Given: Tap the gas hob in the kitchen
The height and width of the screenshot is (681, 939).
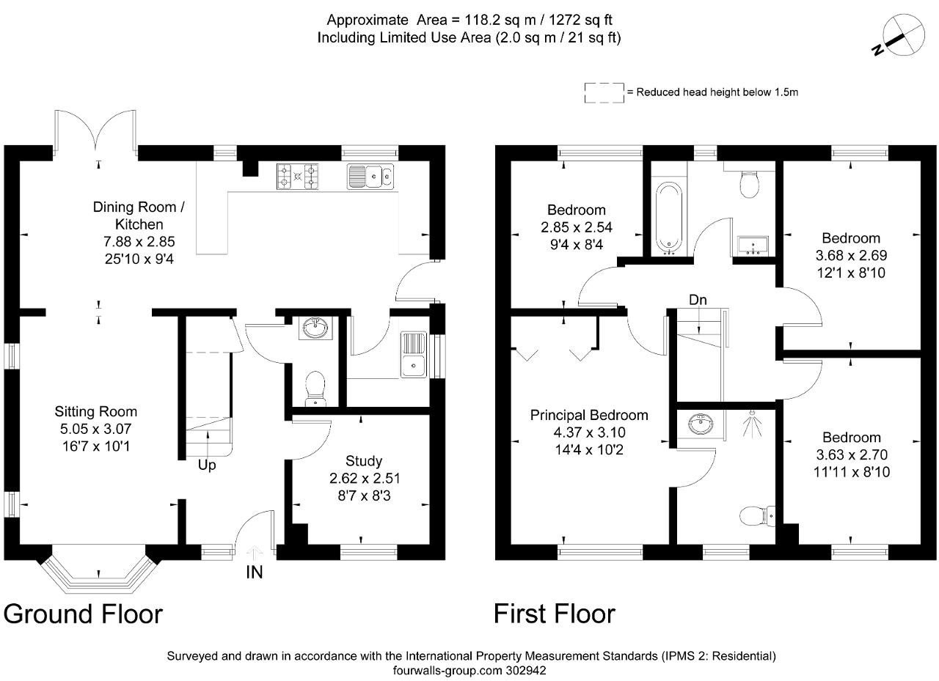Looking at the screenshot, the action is point(297,177).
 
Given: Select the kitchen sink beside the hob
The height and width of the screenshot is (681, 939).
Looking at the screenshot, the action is point(370,177).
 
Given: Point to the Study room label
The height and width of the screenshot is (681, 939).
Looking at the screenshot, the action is point(364,461).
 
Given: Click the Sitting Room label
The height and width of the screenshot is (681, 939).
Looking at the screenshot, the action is point(96,412).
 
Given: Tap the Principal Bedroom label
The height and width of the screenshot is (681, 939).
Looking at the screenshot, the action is point(589,415).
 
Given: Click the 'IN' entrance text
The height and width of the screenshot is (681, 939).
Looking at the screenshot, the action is point(255,572).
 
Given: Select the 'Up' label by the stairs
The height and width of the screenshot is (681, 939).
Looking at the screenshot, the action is point(207,465).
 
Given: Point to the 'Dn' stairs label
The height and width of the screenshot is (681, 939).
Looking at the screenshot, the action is point(698,300).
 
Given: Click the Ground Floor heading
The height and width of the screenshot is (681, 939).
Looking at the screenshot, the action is point(83,614).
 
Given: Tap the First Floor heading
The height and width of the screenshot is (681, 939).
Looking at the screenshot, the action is point(555,614).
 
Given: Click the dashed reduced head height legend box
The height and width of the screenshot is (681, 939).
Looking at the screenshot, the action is point(604,92).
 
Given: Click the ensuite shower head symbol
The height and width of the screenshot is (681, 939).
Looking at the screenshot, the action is point(753,424).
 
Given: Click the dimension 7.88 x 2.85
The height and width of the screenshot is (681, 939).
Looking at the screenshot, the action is point(139,242).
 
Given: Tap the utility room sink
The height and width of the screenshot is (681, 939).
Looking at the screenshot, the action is point(414,354).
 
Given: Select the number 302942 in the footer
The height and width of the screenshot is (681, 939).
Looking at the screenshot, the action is point(526,671).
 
